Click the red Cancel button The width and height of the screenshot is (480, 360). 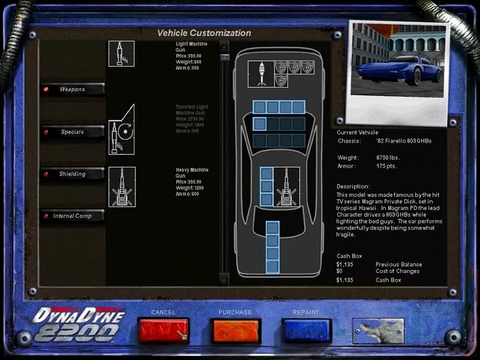(163, 330)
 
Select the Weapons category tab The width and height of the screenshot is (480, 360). (72, 89)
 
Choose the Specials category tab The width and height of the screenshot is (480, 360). (72, 132)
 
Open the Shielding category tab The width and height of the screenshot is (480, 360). (72, 174)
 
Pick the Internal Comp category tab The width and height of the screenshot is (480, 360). (72, 216)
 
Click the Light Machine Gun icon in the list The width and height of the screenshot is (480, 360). (122, 53)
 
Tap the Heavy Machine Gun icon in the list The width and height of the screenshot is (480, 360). (122, 186)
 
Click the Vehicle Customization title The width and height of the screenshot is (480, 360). (204, 33)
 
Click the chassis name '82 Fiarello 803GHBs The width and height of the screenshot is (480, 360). (404, 141)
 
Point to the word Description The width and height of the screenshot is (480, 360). (353, 186)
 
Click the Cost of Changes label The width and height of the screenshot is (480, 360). (398, 272)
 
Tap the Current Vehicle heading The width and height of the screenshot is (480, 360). (358, 132)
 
